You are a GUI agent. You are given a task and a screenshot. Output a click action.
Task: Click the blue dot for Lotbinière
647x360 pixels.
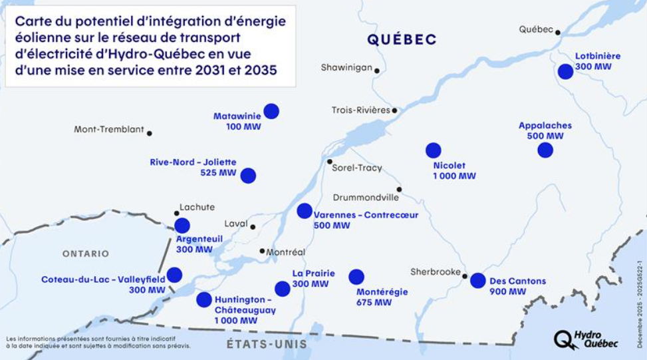565,72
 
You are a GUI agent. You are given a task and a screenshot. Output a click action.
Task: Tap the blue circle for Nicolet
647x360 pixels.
434,150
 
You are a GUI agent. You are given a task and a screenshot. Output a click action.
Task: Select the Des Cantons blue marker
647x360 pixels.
477,281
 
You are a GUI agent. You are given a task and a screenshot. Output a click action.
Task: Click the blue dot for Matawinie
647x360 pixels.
271,111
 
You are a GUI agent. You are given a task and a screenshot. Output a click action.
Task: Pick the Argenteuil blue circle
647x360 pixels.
182,226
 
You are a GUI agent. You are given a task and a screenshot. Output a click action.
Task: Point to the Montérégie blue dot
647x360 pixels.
356,277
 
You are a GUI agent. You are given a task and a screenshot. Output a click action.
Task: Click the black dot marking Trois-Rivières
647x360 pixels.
394,110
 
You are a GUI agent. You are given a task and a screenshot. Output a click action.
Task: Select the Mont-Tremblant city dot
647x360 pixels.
149,134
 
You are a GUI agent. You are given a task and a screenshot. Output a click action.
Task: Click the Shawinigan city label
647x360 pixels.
346,67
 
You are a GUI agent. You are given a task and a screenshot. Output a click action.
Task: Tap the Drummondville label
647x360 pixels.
366,197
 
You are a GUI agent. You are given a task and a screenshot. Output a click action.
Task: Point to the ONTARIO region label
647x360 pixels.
86,254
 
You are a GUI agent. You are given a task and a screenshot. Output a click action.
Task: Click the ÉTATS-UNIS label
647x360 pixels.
267,344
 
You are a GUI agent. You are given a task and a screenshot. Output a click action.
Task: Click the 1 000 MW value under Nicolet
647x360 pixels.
454,176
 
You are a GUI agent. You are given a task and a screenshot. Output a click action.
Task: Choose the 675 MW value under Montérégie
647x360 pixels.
374,303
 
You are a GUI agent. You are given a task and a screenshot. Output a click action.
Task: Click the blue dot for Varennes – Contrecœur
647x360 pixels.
305,211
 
